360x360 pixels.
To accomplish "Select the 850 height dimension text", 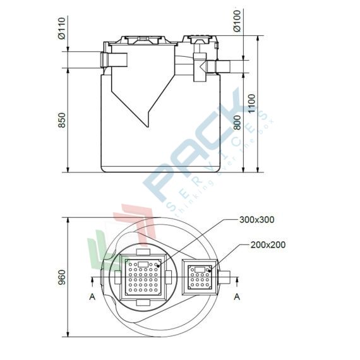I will (x=62, y=120).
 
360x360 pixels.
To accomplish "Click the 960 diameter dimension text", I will (x=62, y=278).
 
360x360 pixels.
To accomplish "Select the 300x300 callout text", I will (x=257, y=220).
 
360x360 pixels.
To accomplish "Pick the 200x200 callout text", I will (x=268, y=244).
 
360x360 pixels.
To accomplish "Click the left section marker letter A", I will (x=93, y=295).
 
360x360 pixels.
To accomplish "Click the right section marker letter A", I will (x=237, y=295).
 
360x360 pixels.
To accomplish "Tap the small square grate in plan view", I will (x=200, y=277).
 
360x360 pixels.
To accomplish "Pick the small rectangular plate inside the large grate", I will (x=142, y=264).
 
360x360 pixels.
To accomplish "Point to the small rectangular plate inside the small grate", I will (x=200, y=270).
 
